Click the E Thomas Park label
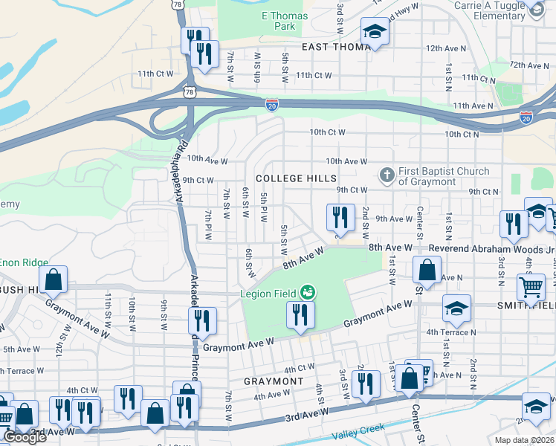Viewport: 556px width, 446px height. pos(279,21)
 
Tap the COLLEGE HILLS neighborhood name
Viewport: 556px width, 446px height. pos(296,178)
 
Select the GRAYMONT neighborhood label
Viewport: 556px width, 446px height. pos(274,381)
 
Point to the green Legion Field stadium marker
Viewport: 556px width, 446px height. pos(306,294)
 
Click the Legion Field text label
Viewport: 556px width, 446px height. pos(268,294)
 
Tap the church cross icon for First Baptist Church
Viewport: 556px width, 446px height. pos(387,176)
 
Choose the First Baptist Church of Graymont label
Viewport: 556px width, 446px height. pos(444,176)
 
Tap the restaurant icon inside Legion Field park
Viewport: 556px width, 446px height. pos(300,314)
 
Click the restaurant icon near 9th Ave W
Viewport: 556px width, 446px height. pos(339,217)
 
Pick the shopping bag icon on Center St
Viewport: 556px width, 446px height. pos(427,270)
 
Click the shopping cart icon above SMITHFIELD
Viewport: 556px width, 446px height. pos(531,287)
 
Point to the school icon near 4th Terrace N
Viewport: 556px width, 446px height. pos(456,308)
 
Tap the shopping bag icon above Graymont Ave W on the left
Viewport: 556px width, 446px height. pos(54,279)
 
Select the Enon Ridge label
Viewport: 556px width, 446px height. pos(24,262)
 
